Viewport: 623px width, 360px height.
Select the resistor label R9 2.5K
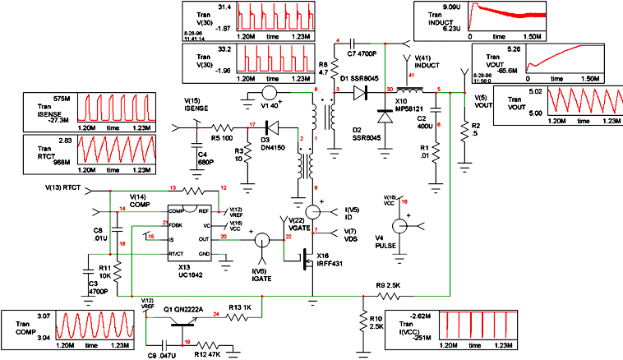click(390, 285)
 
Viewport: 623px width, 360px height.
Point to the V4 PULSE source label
click(385, 241)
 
